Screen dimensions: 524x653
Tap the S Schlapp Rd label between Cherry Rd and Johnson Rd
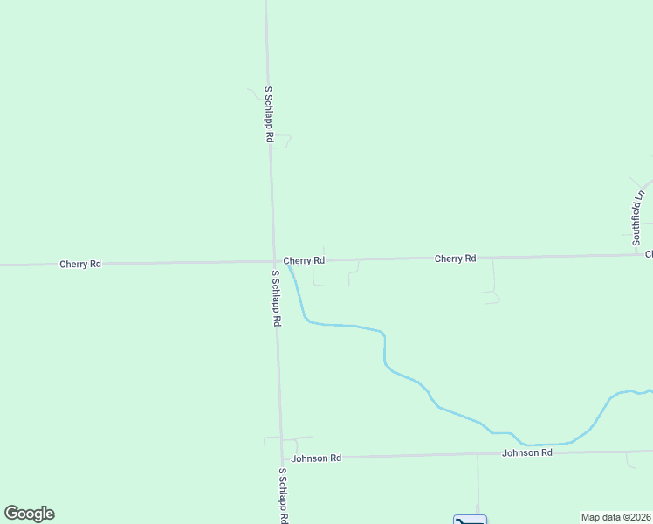[x=276, y=298]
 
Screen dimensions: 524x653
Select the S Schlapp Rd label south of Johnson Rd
[x=283, y=495]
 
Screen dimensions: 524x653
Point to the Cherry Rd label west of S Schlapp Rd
[x=80, y=263]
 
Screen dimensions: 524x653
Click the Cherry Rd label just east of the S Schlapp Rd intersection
[x=304, y=260]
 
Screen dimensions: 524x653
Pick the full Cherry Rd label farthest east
[x=456, y=259]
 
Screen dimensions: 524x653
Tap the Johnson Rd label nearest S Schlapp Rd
[x=316, y=458]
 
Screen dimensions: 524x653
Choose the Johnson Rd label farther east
[x=527, y=452]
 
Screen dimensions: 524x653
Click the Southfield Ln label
[x=638, y=217]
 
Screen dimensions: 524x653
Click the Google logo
[x=29, y=514]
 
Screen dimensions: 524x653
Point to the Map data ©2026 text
[x=616, y=517]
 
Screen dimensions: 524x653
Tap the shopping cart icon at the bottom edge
[x=470, y=521]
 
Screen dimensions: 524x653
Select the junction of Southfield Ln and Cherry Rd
[x=642, y=254]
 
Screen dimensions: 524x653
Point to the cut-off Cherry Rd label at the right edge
[x=649, y=255]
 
